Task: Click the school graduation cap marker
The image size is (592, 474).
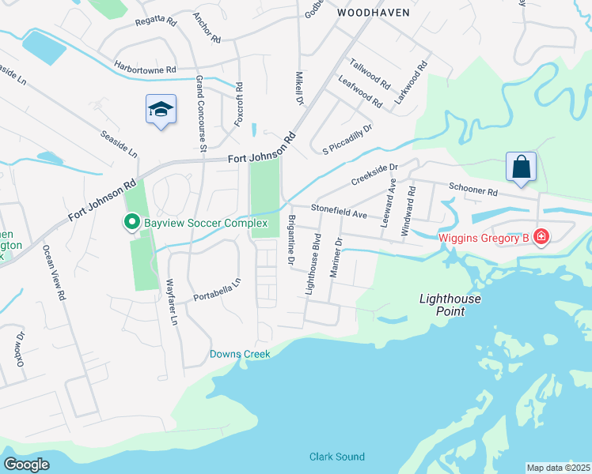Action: pos(161,110)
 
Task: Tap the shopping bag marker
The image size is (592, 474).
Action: pos(521,167)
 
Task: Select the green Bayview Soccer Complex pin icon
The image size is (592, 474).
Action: pos(132,224)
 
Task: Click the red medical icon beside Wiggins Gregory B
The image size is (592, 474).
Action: pos(541,236)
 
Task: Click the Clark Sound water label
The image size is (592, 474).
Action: pos(337,457)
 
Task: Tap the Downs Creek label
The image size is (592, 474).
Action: pos(240,354)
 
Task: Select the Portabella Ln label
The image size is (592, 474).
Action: pos(216,289)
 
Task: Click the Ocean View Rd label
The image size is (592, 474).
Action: pos(53,272)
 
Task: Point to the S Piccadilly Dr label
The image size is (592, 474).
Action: pos(347,139)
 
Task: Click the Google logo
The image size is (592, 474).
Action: pos(26,464)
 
